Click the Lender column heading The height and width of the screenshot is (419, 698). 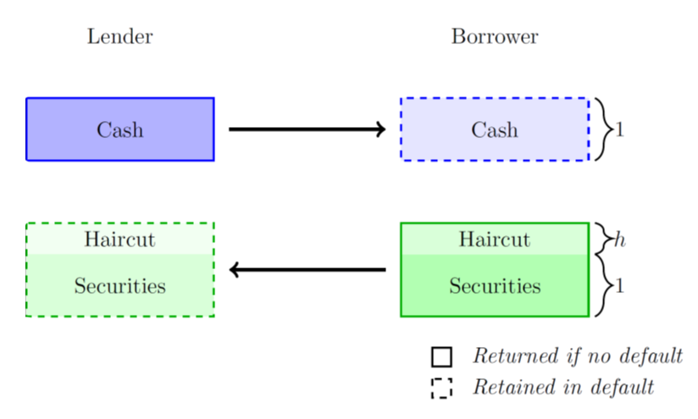tap(119, 37)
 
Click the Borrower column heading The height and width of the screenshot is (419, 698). tap(494, 37)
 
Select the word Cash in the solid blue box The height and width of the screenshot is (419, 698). tap(119, 130)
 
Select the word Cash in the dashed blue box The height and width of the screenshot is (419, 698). tap(494, 130)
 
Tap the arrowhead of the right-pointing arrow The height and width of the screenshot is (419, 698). tap(380, 130)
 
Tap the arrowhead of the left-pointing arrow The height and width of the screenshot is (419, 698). tap(235, 271)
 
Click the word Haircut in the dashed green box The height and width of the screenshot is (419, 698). tap(119, 240)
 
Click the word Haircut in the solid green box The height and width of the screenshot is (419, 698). tap(494, 240)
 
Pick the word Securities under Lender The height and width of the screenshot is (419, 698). tap(119, 286)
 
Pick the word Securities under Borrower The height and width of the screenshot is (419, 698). tap(494, 286)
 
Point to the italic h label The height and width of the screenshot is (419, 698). tap(619, 240)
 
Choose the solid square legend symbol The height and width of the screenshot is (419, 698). tap(441, 356)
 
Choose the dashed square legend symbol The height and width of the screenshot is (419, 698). tap(441, 388)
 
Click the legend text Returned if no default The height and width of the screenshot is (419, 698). tap(577, 356)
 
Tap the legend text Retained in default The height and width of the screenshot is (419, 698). tap(563, 388)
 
